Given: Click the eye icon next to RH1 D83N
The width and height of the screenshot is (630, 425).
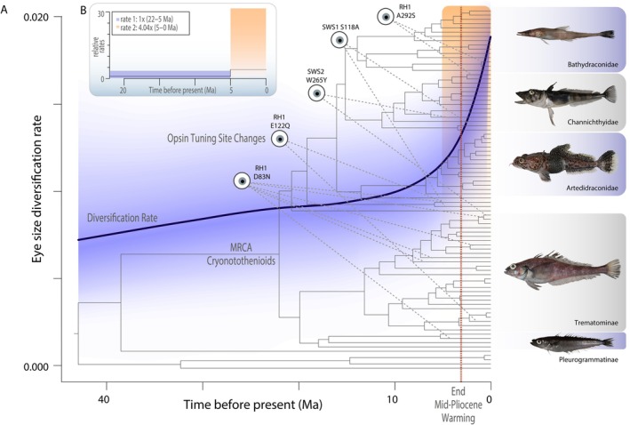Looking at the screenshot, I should point(242,181).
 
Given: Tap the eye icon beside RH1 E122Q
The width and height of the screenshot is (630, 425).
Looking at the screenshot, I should point(280,139).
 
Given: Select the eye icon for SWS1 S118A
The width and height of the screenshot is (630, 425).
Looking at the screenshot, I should point(339,40).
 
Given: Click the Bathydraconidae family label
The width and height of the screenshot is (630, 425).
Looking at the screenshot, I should point(592,64).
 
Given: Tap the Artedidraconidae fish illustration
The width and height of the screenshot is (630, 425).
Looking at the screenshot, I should point(553,161).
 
